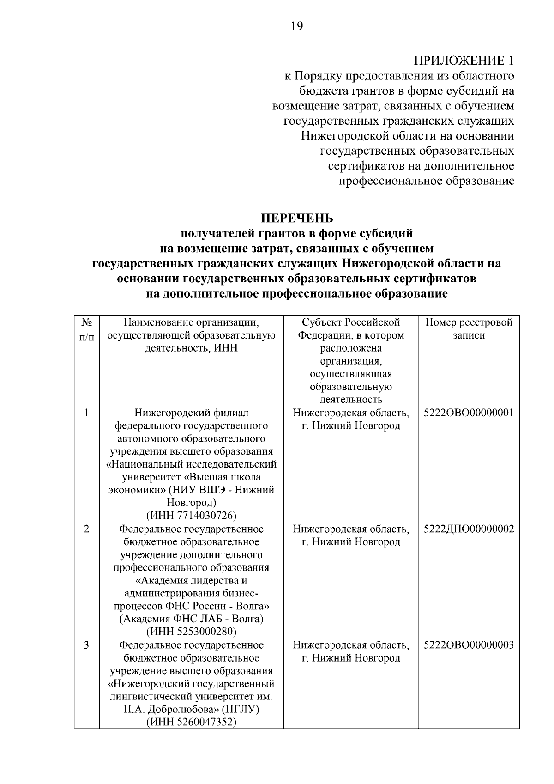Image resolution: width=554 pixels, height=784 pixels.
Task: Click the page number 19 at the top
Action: click(x=297, y=26)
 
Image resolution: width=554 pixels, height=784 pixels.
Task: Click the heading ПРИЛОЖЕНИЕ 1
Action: click(x=464, y=61)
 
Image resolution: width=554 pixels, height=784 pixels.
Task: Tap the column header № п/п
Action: click(x=86, y=329)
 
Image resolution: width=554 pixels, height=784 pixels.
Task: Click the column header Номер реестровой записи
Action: click(x=469, y=328)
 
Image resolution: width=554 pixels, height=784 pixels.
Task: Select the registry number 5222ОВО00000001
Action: click(x=469, y=413)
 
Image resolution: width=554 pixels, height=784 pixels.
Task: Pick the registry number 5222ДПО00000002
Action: click(x=469, y=529)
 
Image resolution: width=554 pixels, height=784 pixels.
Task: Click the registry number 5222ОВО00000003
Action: click(x=469, y=645)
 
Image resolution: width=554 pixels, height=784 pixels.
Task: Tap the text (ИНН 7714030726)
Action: click(x=191, y=515)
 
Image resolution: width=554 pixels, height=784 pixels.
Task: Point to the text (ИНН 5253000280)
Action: click(x=191, y=631)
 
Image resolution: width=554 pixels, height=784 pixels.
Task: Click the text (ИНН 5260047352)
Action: click(x=191, y=722)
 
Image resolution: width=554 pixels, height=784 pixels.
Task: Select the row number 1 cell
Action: click(x=86, y=413)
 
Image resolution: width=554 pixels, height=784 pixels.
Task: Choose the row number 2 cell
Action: click(x=86, y=529)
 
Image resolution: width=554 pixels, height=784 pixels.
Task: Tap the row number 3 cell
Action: click(x=86, y=645)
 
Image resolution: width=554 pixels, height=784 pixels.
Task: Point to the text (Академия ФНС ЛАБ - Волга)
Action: click(x=191, y=619)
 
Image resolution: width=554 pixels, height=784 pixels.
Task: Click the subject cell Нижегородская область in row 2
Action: click(x=351, y=529)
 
